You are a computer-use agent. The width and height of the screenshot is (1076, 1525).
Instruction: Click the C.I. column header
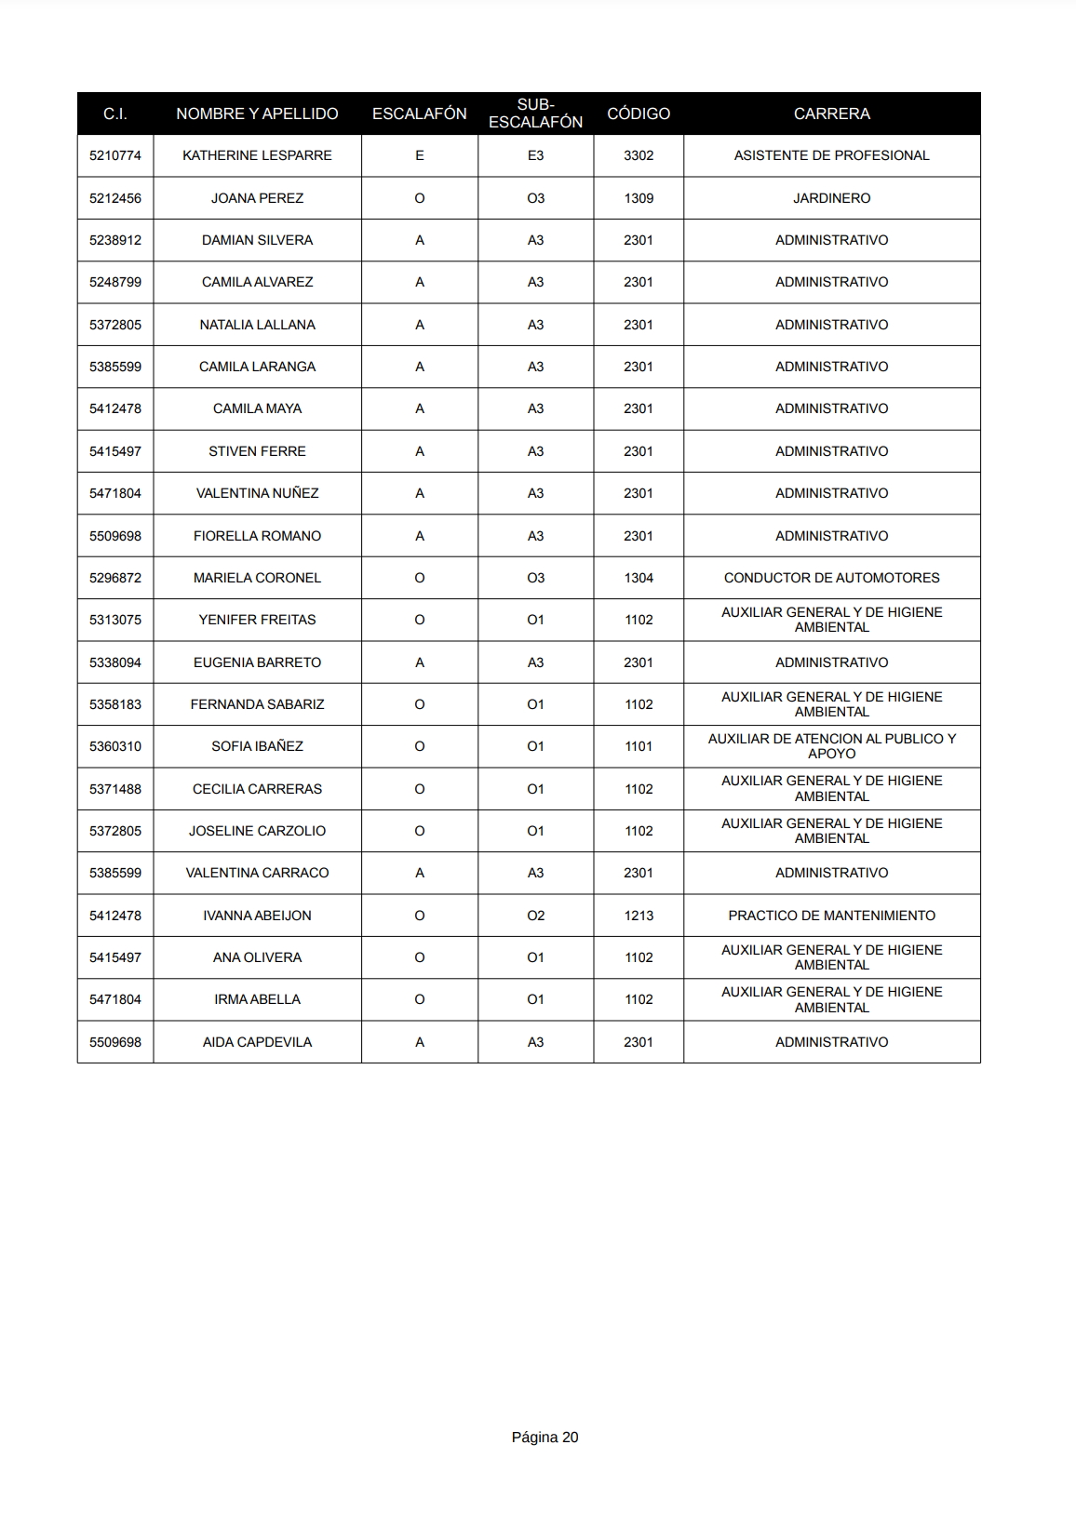115,114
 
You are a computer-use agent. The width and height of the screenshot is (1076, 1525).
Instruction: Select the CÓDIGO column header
639,114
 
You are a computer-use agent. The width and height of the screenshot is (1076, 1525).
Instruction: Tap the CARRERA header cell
831,114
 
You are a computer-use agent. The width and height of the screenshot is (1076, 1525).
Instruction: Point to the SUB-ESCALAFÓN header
535,114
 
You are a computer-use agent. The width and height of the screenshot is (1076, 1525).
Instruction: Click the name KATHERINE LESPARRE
257,155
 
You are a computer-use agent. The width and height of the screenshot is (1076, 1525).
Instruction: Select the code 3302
639,155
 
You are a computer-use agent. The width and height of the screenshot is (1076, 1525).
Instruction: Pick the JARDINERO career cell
831,198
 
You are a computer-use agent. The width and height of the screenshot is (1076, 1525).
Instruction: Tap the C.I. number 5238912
115,240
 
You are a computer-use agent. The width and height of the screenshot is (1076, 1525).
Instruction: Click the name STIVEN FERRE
257,451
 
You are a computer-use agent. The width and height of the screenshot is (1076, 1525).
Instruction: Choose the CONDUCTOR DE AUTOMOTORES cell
831,578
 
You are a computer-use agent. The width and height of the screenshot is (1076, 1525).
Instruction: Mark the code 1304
639,578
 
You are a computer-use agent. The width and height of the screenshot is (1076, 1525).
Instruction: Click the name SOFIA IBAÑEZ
257,746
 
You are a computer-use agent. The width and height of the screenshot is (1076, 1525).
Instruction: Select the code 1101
639,746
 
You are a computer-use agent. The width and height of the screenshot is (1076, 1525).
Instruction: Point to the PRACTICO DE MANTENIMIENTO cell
831,916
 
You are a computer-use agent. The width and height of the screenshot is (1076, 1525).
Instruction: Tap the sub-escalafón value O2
535,916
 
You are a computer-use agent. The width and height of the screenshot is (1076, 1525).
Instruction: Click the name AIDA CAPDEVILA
257,1042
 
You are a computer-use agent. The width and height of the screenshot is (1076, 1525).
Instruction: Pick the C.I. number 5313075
115,620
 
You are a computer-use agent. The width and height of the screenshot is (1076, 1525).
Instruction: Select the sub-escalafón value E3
535,155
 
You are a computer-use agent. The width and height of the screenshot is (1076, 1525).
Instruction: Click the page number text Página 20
545,1437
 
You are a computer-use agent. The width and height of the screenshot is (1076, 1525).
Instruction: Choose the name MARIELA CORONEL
257,578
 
